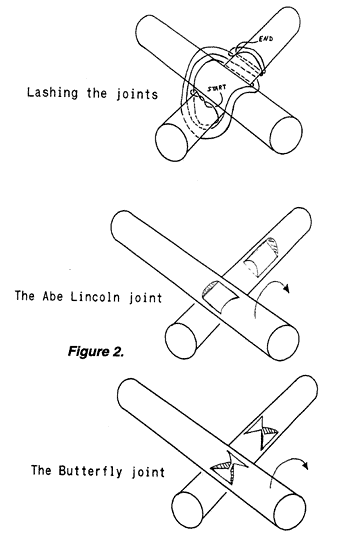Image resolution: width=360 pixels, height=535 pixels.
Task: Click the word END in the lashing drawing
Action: pos(266,39)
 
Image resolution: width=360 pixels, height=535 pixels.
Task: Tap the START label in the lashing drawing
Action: pos(217,88)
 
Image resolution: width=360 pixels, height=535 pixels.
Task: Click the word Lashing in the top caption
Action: pos(53,93)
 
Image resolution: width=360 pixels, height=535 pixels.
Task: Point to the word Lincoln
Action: pos(96,296)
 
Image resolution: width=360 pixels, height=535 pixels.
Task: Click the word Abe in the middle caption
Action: pos(53,296)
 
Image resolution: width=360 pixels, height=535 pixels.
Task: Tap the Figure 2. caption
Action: pos(96,351)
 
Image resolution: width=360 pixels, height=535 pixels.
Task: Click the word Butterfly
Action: pos(90,471)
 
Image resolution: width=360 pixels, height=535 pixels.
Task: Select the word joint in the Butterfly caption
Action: pos(148,472)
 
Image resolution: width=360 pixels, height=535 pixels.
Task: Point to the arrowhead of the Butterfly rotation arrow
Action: pos(305,465)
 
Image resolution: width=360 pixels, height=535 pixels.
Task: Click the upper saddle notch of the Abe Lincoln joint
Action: pos(262,256)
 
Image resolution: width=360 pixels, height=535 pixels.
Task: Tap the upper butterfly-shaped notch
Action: pos(262,433)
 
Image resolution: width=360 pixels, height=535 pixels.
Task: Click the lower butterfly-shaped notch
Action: pos(229,467)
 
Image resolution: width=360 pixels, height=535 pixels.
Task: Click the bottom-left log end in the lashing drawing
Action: pos(171,142)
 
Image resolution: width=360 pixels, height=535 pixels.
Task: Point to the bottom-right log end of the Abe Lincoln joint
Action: pos(283,342)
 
